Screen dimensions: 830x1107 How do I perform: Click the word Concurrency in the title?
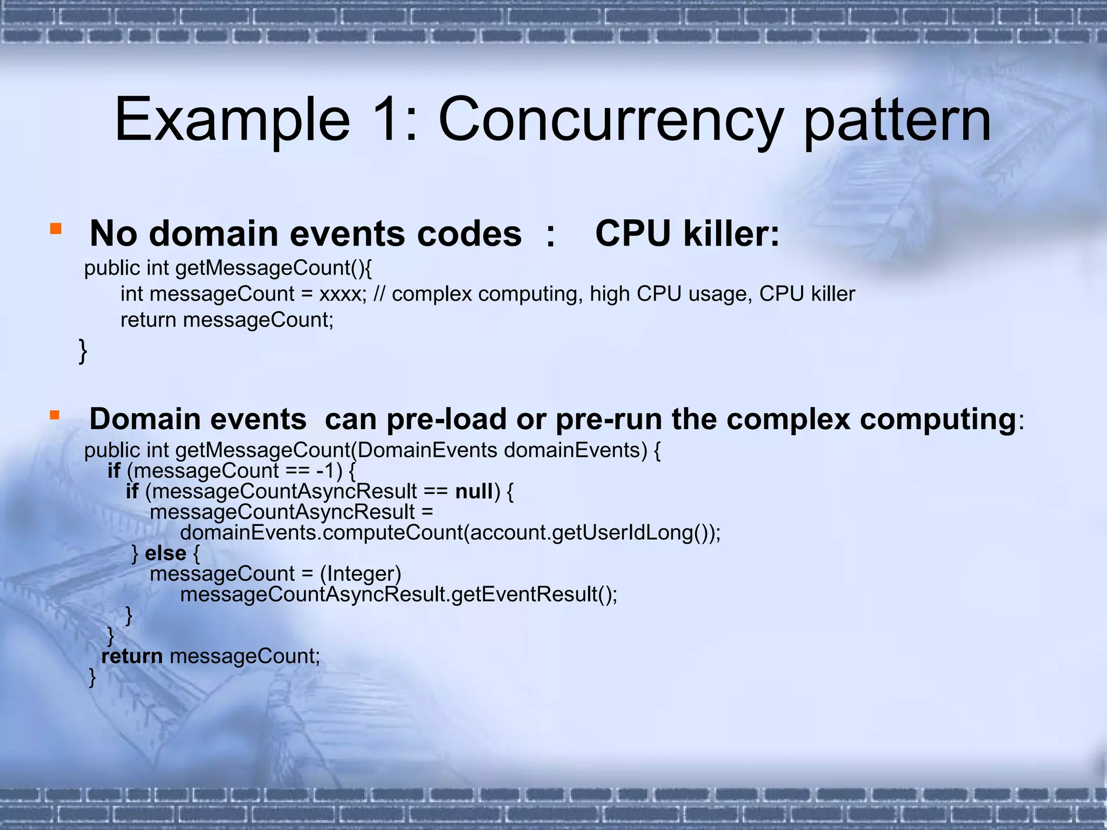[610, 119]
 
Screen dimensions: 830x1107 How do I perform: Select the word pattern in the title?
[897, 119]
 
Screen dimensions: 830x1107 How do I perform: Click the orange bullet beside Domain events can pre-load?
[55, 415]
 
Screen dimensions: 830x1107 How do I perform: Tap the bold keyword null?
[474, 491]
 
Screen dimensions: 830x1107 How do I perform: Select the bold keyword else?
[165, 553]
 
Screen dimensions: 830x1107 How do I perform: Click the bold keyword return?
[132, 656]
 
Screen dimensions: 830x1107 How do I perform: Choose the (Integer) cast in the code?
[361, 573]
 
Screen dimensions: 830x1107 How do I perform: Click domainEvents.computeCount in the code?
[322, 533]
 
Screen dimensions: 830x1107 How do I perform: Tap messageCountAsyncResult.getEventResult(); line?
[398, 594]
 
